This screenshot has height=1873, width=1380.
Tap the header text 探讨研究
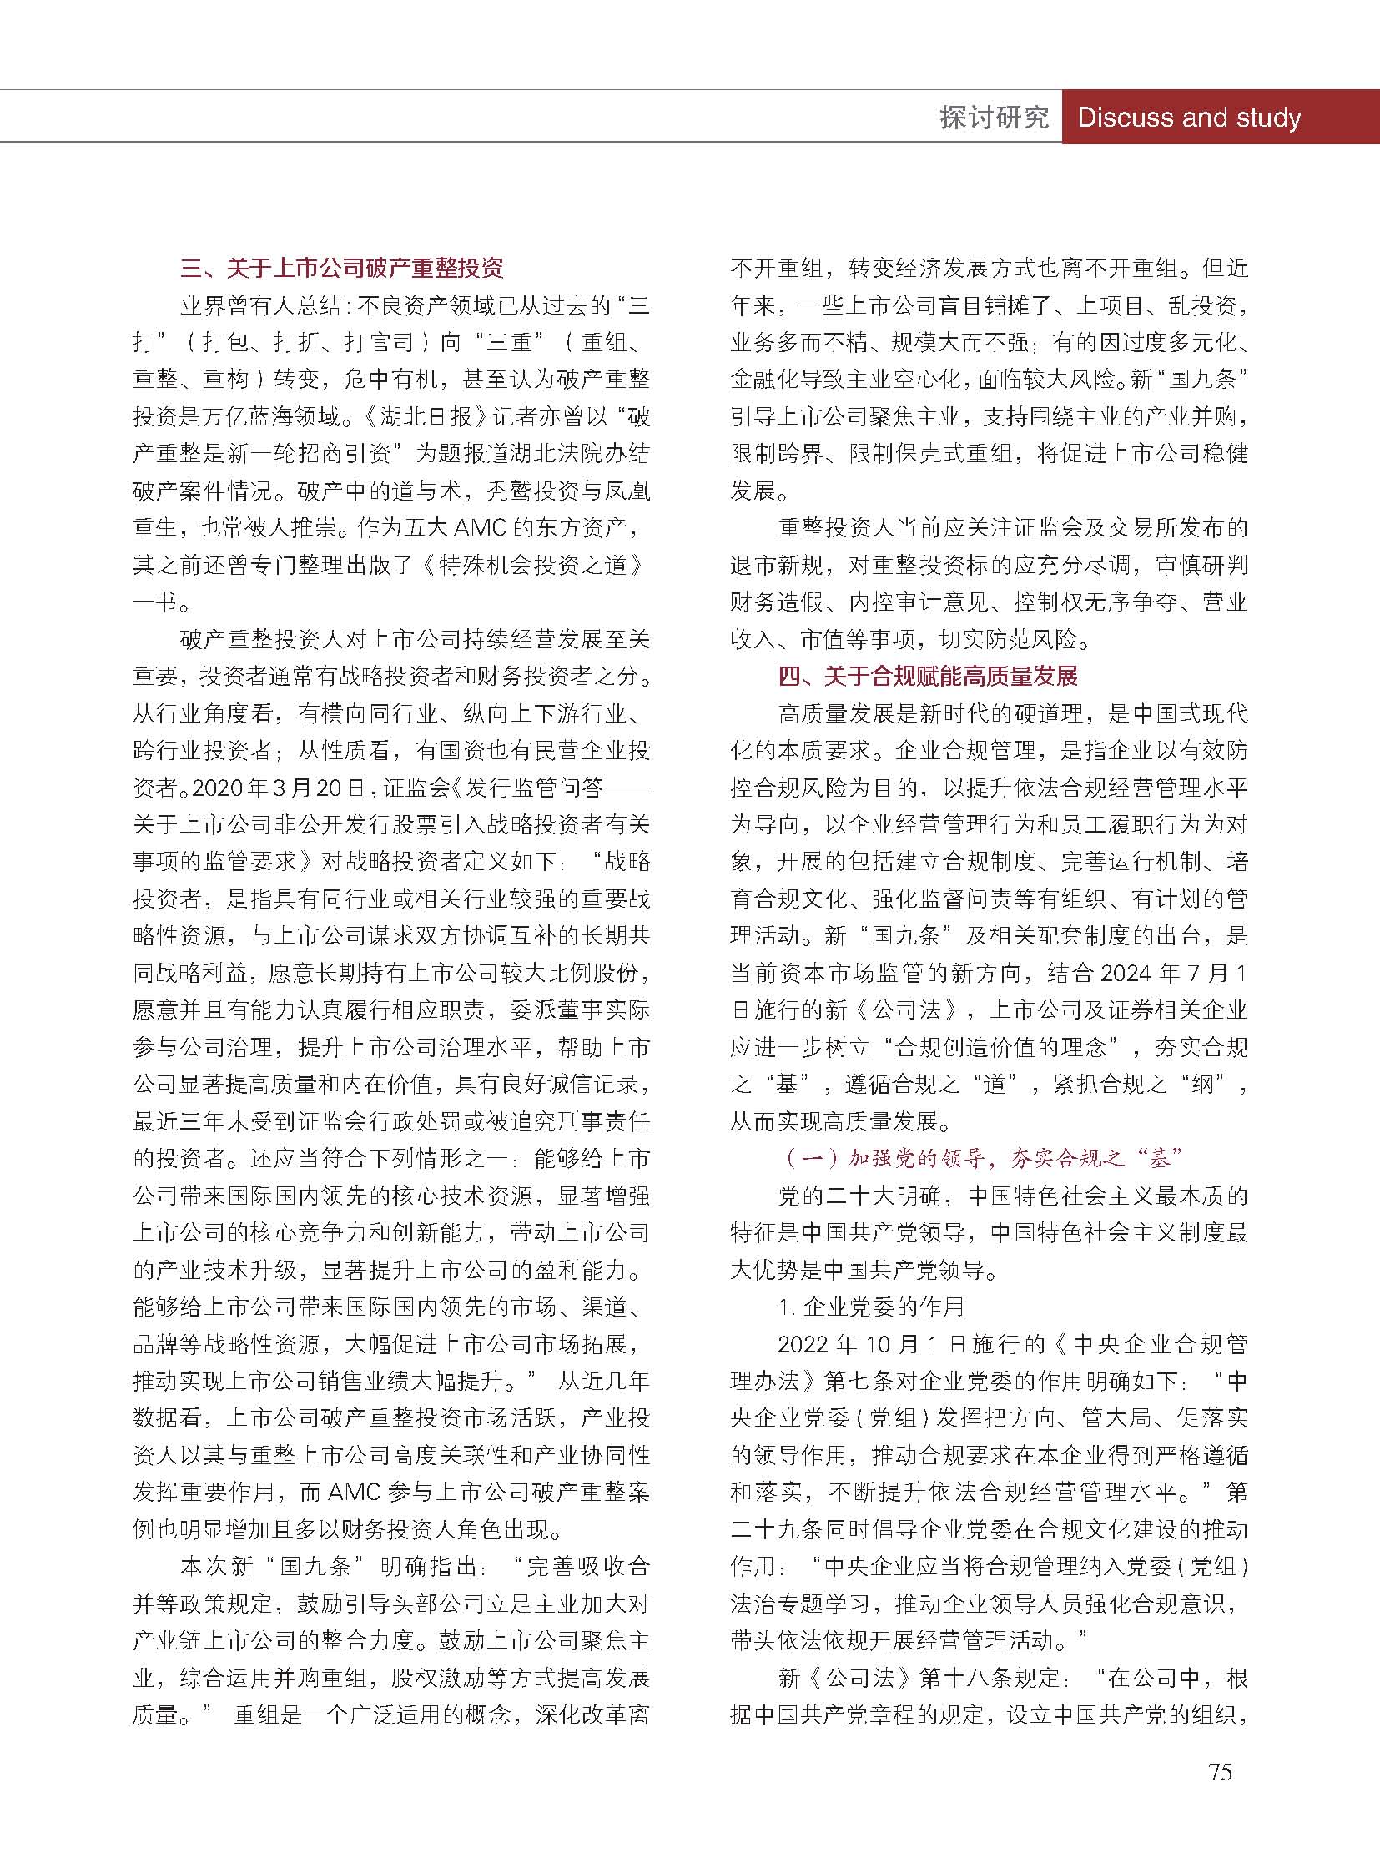(993, 118)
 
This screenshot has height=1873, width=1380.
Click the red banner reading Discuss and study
(1189, 118)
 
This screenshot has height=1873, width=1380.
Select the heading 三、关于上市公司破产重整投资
(341, 269)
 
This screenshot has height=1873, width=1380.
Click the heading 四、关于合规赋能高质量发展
(927, 676)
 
